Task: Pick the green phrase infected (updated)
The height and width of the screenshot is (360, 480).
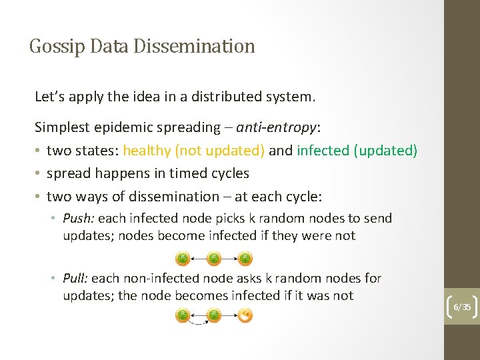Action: tap(357, 150)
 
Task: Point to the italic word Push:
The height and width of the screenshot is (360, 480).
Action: tap(79, 218)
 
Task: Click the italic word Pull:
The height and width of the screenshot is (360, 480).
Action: tap(76, 278)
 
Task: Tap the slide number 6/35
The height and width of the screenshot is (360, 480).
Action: tap(462, 307)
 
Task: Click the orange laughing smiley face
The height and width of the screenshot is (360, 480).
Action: tap(245, 315)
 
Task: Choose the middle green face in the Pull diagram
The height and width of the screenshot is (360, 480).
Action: tap(214, 315)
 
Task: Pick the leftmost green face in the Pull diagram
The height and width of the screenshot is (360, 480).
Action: tap(182, 315)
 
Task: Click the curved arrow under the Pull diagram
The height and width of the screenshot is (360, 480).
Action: tap(198, 323)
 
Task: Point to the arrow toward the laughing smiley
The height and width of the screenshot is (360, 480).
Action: tap(229, 315)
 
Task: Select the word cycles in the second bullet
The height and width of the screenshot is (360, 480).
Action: tap(229, 173)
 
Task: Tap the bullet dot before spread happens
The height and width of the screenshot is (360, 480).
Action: tap(39, 173)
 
